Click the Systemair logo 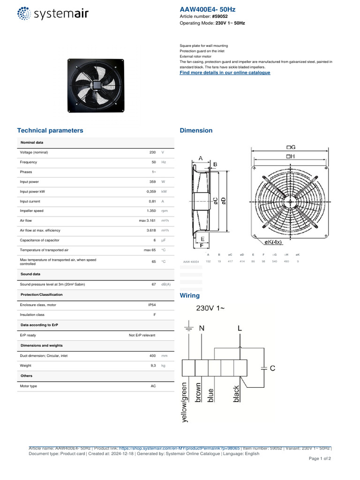[x=52, y=14]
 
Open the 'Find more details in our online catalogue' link [x=225, y=73]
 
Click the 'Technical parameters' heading [x=50, y=130]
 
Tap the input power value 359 [x=152, y=181]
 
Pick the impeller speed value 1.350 [x=151, y=211]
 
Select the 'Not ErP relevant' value [x=142, y=335]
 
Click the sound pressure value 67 [x=153, y=285]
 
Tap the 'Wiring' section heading [x=189, y=295]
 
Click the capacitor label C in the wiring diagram [x=272, y=369]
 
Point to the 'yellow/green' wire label [x=185, y=403]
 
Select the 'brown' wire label [x=198, y=393]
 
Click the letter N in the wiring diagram [x=202, y=329]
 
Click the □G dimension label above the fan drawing [x=290, y=147]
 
